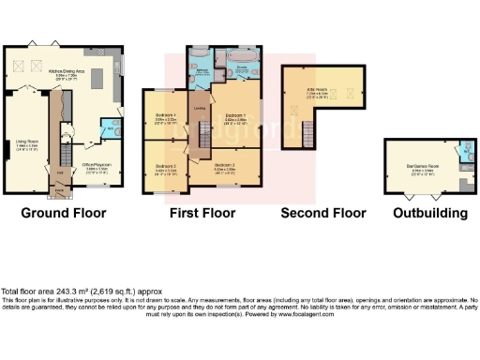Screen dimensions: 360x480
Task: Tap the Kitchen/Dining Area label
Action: point(84,71)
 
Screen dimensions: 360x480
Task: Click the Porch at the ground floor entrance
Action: point(61,189)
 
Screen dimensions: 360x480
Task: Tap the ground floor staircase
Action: point(67,150)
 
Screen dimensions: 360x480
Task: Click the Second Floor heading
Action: point(323,213)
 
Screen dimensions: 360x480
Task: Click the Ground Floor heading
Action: point(63,213)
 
